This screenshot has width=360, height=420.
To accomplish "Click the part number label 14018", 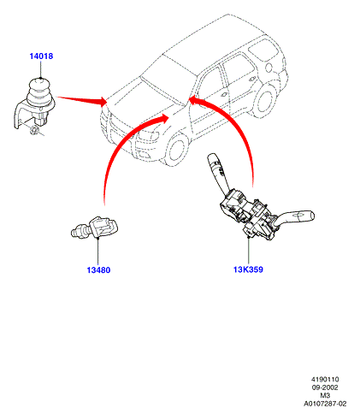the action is pyautogui.click(x=41, y=56).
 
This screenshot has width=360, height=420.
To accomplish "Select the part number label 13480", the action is pyautogui.click(x=98, y=269).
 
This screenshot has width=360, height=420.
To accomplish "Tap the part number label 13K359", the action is pyautogui.click(x=248, y=269).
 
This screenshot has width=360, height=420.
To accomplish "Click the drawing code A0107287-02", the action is pyautogui.click(x=325, y=404).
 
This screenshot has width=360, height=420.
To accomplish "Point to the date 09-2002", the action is pyautogui.click(x=325, y=387).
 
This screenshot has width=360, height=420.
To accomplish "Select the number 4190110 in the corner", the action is pyautogui.click(x=325, y=379).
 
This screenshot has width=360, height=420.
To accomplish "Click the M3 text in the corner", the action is pyautogui.click(x=325, y=395).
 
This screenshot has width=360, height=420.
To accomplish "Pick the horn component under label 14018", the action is pyautogui.click(x=34, y=103).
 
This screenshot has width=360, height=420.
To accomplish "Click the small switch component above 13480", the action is pyautogui.click(x=95, y=228).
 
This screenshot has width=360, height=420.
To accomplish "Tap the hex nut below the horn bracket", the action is pyautogui.click(x=35, y=130).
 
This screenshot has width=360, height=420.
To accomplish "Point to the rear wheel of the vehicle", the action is pyautogui.click(x=266, y=102).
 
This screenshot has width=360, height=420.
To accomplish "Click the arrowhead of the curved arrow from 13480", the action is pyautogui.click(x=164, y=117).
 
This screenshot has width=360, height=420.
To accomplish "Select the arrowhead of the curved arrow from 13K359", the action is pyautogui.click(x=193, y=100).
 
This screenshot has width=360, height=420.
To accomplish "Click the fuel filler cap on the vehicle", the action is pyautogui.click(x=269, y=68).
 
